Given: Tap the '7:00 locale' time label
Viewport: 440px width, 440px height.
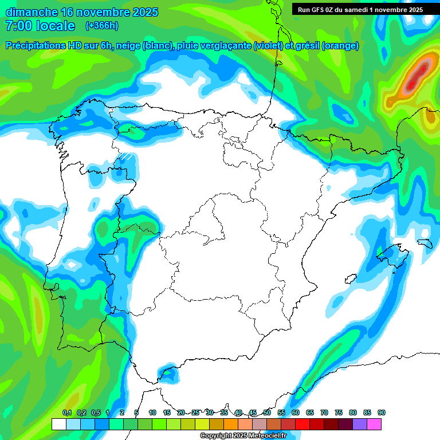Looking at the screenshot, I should pos(40,26).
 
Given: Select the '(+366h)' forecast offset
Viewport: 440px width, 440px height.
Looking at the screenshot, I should pos(101,26).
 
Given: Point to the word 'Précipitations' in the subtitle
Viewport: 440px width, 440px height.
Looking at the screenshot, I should pos(35,46).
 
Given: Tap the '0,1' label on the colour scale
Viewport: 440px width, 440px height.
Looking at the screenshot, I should pos(67,413).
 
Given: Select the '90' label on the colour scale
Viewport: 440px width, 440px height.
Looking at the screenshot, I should pos(382,413).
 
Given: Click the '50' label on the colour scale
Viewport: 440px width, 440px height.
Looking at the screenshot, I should pos(267,413).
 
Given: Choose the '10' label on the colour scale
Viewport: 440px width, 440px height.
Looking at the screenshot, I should pos(152,413).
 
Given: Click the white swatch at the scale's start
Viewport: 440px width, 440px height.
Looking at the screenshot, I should pos(58,424).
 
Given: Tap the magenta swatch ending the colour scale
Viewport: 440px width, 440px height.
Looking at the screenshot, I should pos(374,424).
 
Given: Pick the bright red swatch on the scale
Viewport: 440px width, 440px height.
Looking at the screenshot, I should pos(302,424).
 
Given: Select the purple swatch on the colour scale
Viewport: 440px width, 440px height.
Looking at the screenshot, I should pos(360,424).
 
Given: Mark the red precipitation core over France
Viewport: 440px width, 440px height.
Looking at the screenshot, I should pos(421,71).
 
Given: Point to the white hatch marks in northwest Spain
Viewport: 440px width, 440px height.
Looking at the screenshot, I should pos(125,156).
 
